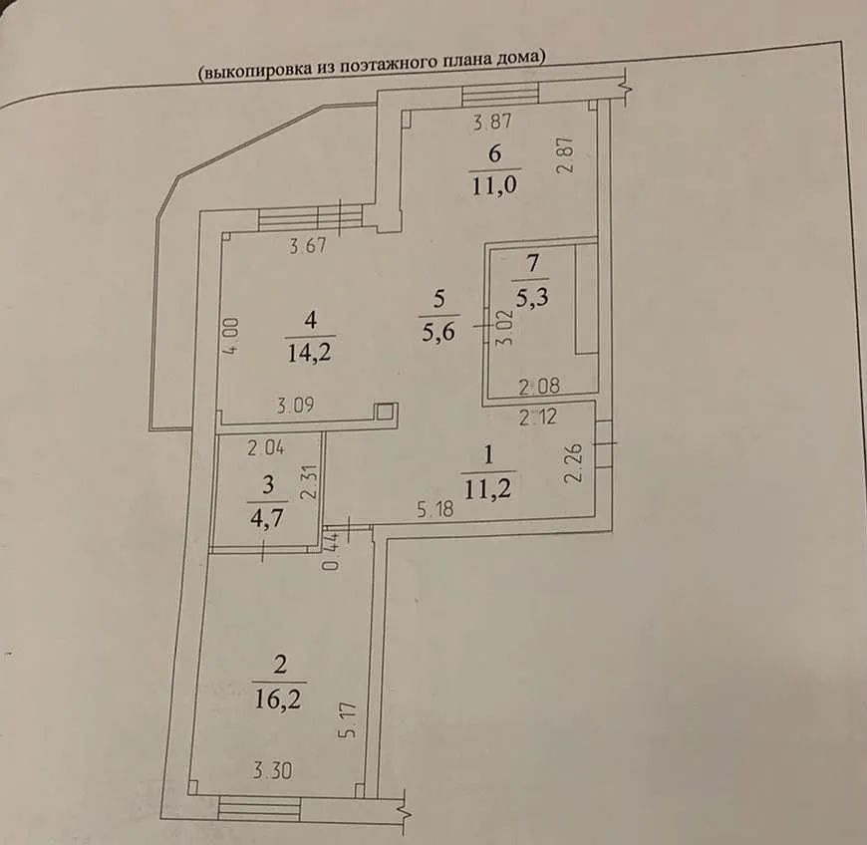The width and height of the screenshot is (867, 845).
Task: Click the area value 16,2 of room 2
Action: pyautogui.click(x=278, y=700)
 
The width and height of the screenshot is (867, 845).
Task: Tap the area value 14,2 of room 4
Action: pyautogui.click(x=310, y=352)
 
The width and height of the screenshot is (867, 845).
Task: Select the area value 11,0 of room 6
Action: pyautogui.click(x=494, y=184)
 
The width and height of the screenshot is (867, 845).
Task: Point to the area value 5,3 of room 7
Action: pyautogui.click(x=532, y=297)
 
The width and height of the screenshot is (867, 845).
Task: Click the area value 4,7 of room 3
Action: pyautogui.click(x=267, y=518)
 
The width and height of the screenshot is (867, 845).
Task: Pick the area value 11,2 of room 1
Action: pyautogui.click(x=487, y=489)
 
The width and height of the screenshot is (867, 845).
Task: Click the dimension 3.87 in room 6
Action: pyautogui.click(x=493, y=122)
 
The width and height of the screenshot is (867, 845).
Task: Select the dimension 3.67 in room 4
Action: pyautogui.click(x=309, y=245)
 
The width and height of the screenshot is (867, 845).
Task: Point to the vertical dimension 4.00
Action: pyautogui.click(x=231, y=335)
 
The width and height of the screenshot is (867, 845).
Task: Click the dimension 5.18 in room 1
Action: pyautogui.click(x=435, y=509)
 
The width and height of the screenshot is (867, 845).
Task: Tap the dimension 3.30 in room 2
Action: pyautogui.click(x=273, y=770)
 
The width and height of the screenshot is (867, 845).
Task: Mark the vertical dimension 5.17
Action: pyautogui.click(x=350, y=719)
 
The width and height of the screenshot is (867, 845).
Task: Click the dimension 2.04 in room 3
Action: pyautogui.click(x=266, y=447)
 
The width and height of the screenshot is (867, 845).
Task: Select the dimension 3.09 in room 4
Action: pyautogui.click(x=296, y=406)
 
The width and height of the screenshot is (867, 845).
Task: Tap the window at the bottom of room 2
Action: pyautogui.click(x=259, y=808)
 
